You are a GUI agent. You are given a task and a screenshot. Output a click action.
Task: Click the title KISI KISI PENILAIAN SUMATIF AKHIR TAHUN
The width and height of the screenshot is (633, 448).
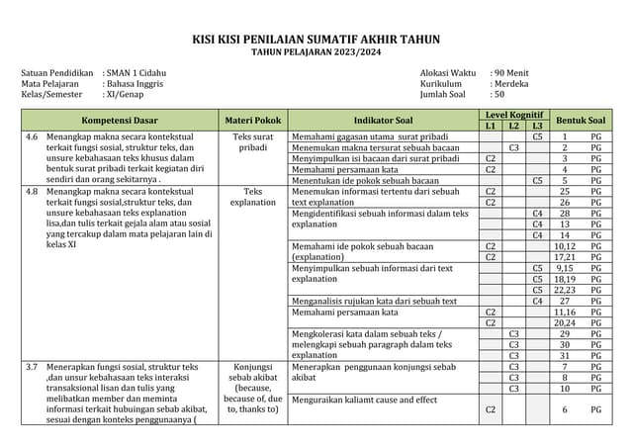316,40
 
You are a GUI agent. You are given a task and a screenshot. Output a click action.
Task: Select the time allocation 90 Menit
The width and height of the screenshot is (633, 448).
512,73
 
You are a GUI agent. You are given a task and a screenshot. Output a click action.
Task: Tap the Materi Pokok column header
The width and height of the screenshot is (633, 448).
253,121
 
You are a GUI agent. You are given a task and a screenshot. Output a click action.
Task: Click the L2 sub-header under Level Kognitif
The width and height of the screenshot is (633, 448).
514,127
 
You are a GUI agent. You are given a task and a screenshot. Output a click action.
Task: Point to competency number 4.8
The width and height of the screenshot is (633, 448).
33,191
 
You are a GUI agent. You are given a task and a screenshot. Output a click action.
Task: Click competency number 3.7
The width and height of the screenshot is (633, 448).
33,367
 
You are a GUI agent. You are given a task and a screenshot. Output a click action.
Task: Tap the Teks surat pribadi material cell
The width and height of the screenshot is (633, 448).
253,141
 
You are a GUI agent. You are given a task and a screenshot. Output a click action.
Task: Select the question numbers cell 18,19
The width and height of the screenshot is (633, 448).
564,279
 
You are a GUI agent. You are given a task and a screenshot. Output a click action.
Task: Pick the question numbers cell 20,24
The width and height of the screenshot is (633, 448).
564,322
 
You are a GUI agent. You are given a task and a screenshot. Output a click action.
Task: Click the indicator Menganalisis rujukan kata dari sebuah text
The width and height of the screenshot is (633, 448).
374,301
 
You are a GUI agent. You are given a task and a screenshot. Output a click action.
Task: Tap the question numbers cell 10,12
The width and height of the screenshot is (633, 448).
564,191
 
